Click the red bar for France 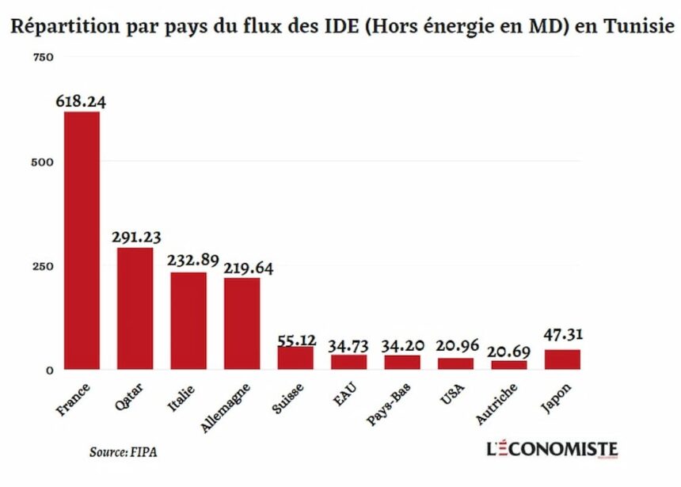(x=82, y=240)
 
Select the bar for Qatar (x=135, y=308)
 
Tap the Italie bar (x=188, y=321)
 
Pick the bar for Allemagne (x=242, y=323)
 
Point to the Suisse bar (x=295, y=358)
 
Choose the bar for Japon (x=563, y=360)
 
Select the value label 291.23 (x=136, y=237)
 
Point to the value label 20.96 (x=456, y=346)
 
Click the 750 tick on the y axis (x=43, y=58)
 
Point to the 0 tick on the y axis (x=49, y=370)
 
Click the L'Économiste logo (x=552, y=450)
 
